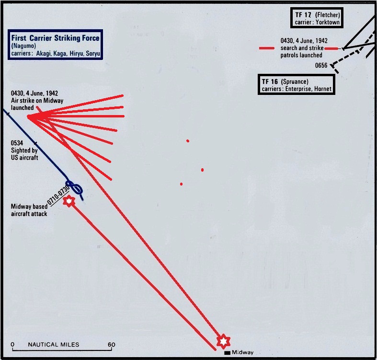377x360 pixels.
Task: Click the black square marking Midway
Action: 227,353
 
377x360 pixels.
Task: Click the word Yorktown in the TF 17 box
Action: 328,23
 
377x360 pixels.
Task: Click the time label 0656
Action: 321,65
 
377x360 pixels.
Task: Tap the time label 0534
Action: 18,143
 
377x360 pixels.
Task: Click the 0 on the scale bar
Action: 12,345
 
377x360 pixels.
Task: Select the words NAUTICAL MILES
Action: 53,345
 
